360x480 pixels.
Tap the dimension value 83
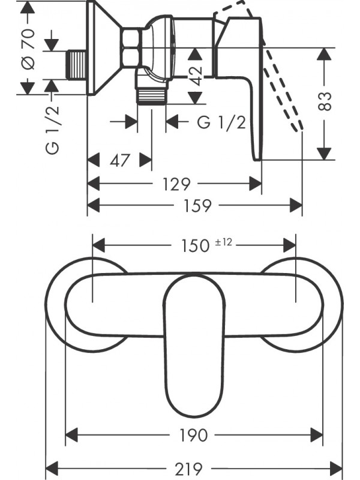tap(325, 101)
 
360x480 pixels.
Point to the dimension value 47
tap(120, 160)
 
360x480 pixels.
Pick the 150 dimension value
tap(196, 245)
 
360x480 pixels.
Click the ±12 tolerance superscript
tap(223, 242)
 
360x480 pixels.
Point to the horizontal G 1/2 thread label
tap(221, 122)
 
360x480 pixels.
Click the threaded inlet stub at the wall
tap(76, 63)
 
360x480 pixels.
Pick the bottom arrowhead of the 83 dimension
tap(325, 153)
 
